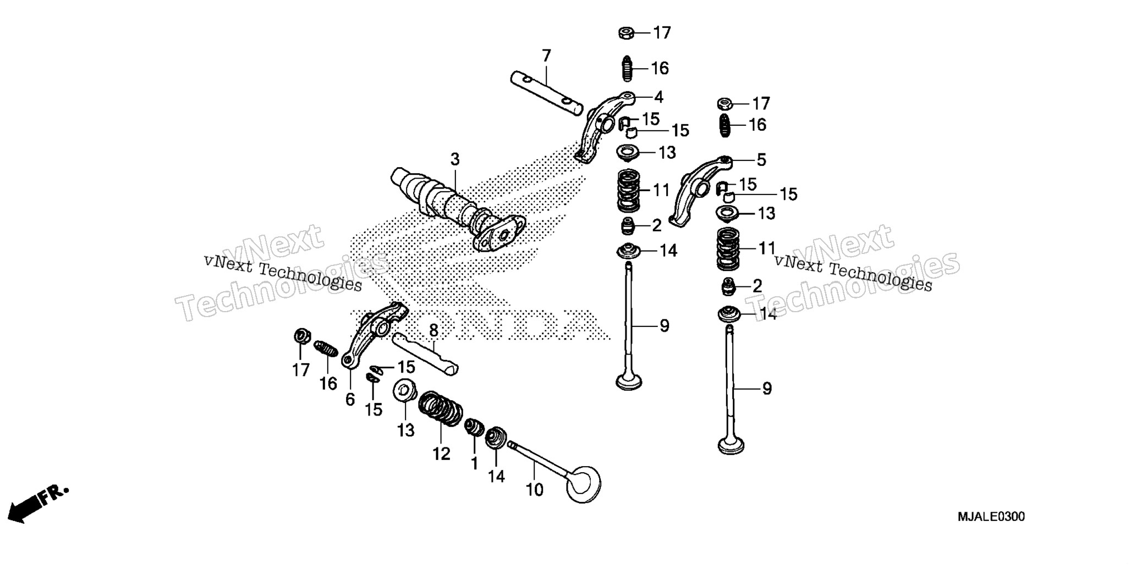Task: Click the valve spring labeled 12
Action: point(441,408)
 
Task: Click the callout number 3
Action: point(454,160)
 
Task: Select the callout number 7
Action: point(546,56)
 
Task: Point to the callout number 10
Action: point(534,489)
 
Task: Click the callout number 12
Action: point(441,453)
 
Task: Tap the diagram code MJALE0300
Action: point(991,517)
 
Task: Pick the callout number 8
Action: point(433,331)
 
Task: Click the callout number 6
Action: point(350,400)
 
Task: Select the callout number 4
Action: point(658,97)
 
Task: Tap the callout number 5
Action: point(761,160)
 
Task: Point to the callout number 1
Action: point(474,463)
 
